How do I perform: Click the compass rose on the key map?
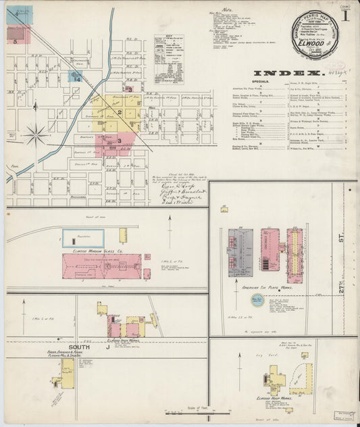pyautogui.click(x=36, y=132)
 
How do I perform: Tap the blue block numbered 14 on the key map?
pyautogui.click(x=78, y=79)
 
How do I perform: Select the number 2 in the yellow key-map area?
pyautogui.click(x=120, y=111)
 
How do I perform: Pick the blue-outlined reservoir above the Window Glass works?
pyautogui.click(x=83, y=236)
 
